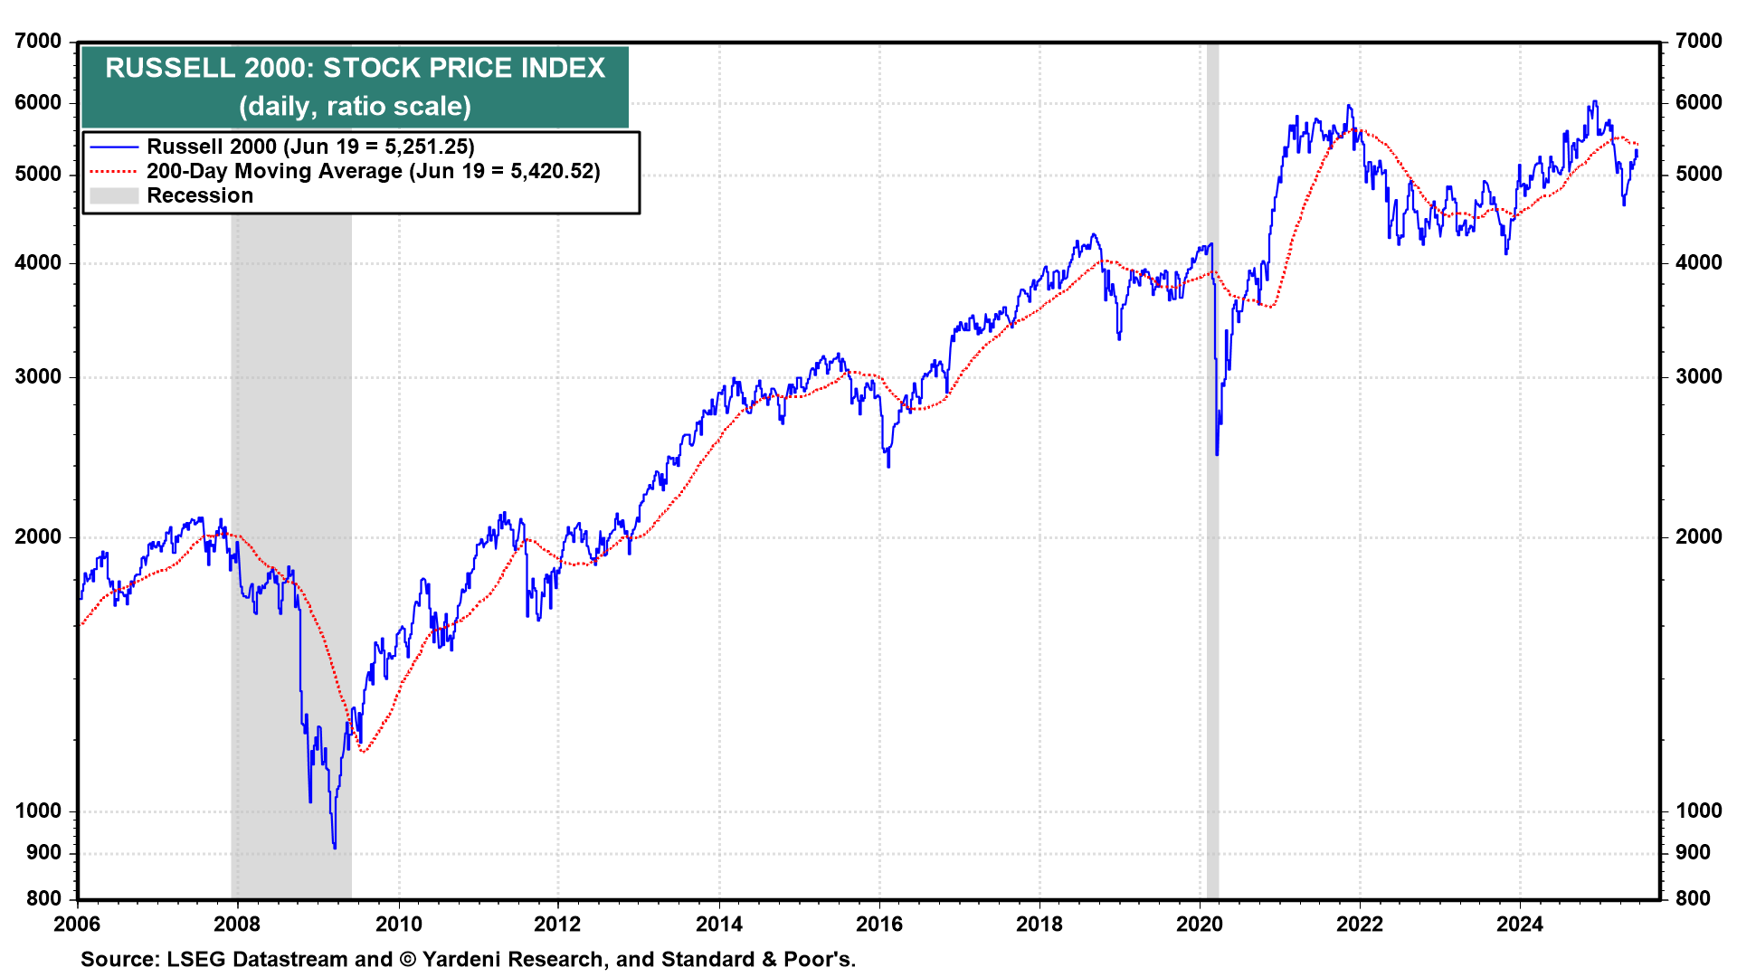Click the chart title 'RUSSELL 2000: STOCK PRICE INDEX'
(355, 68)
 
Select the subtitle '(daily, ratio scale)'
(355, 106)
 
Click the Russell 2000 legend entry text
(310, 147)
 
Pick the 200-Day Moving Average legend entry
(373, 171)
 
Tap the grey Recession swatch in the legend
(114, 195)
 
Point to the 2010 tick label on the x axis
(398, 924)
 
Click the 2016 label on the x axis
(879, 924)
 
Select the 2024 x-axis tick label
(1520, 924)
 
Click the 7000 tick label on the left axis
(39, 41)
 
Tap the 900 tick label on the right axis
(1693, 852)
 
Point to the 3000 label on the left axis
(39, 376)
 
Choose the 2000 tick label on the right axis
(1698, 536)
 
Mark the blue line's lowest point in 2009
(335, 847)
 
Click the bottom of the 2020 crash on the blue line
(1217, 454)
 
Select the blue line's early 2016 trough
(888, 466)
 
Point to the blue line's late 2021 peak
(1348, 106)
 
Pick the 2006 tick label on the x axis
(77, 924)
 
